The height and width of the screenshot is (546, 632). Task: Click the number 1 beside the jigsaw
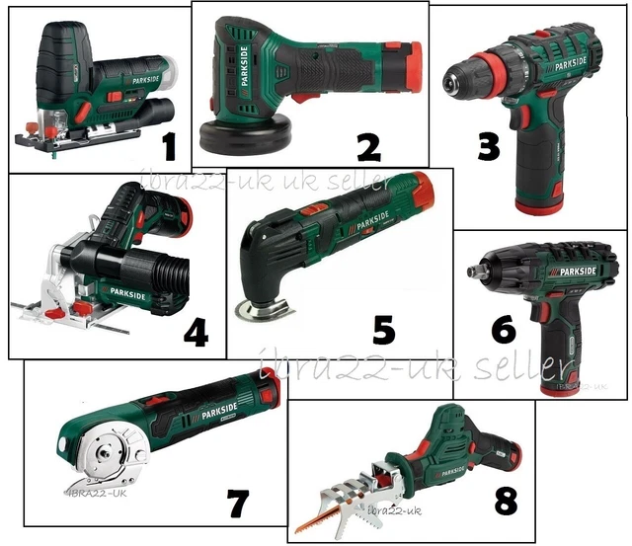pos(167,148)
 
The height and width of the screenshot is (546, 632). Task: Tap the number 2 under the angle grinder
pos(367,148)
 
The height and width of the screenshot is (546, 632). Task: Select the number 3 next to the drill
pos(487,148)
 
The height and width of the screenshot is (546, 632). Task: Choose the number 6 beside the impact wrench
pos(504,329)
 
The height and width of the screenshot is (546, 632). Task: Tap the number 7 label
pos(237,503)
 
